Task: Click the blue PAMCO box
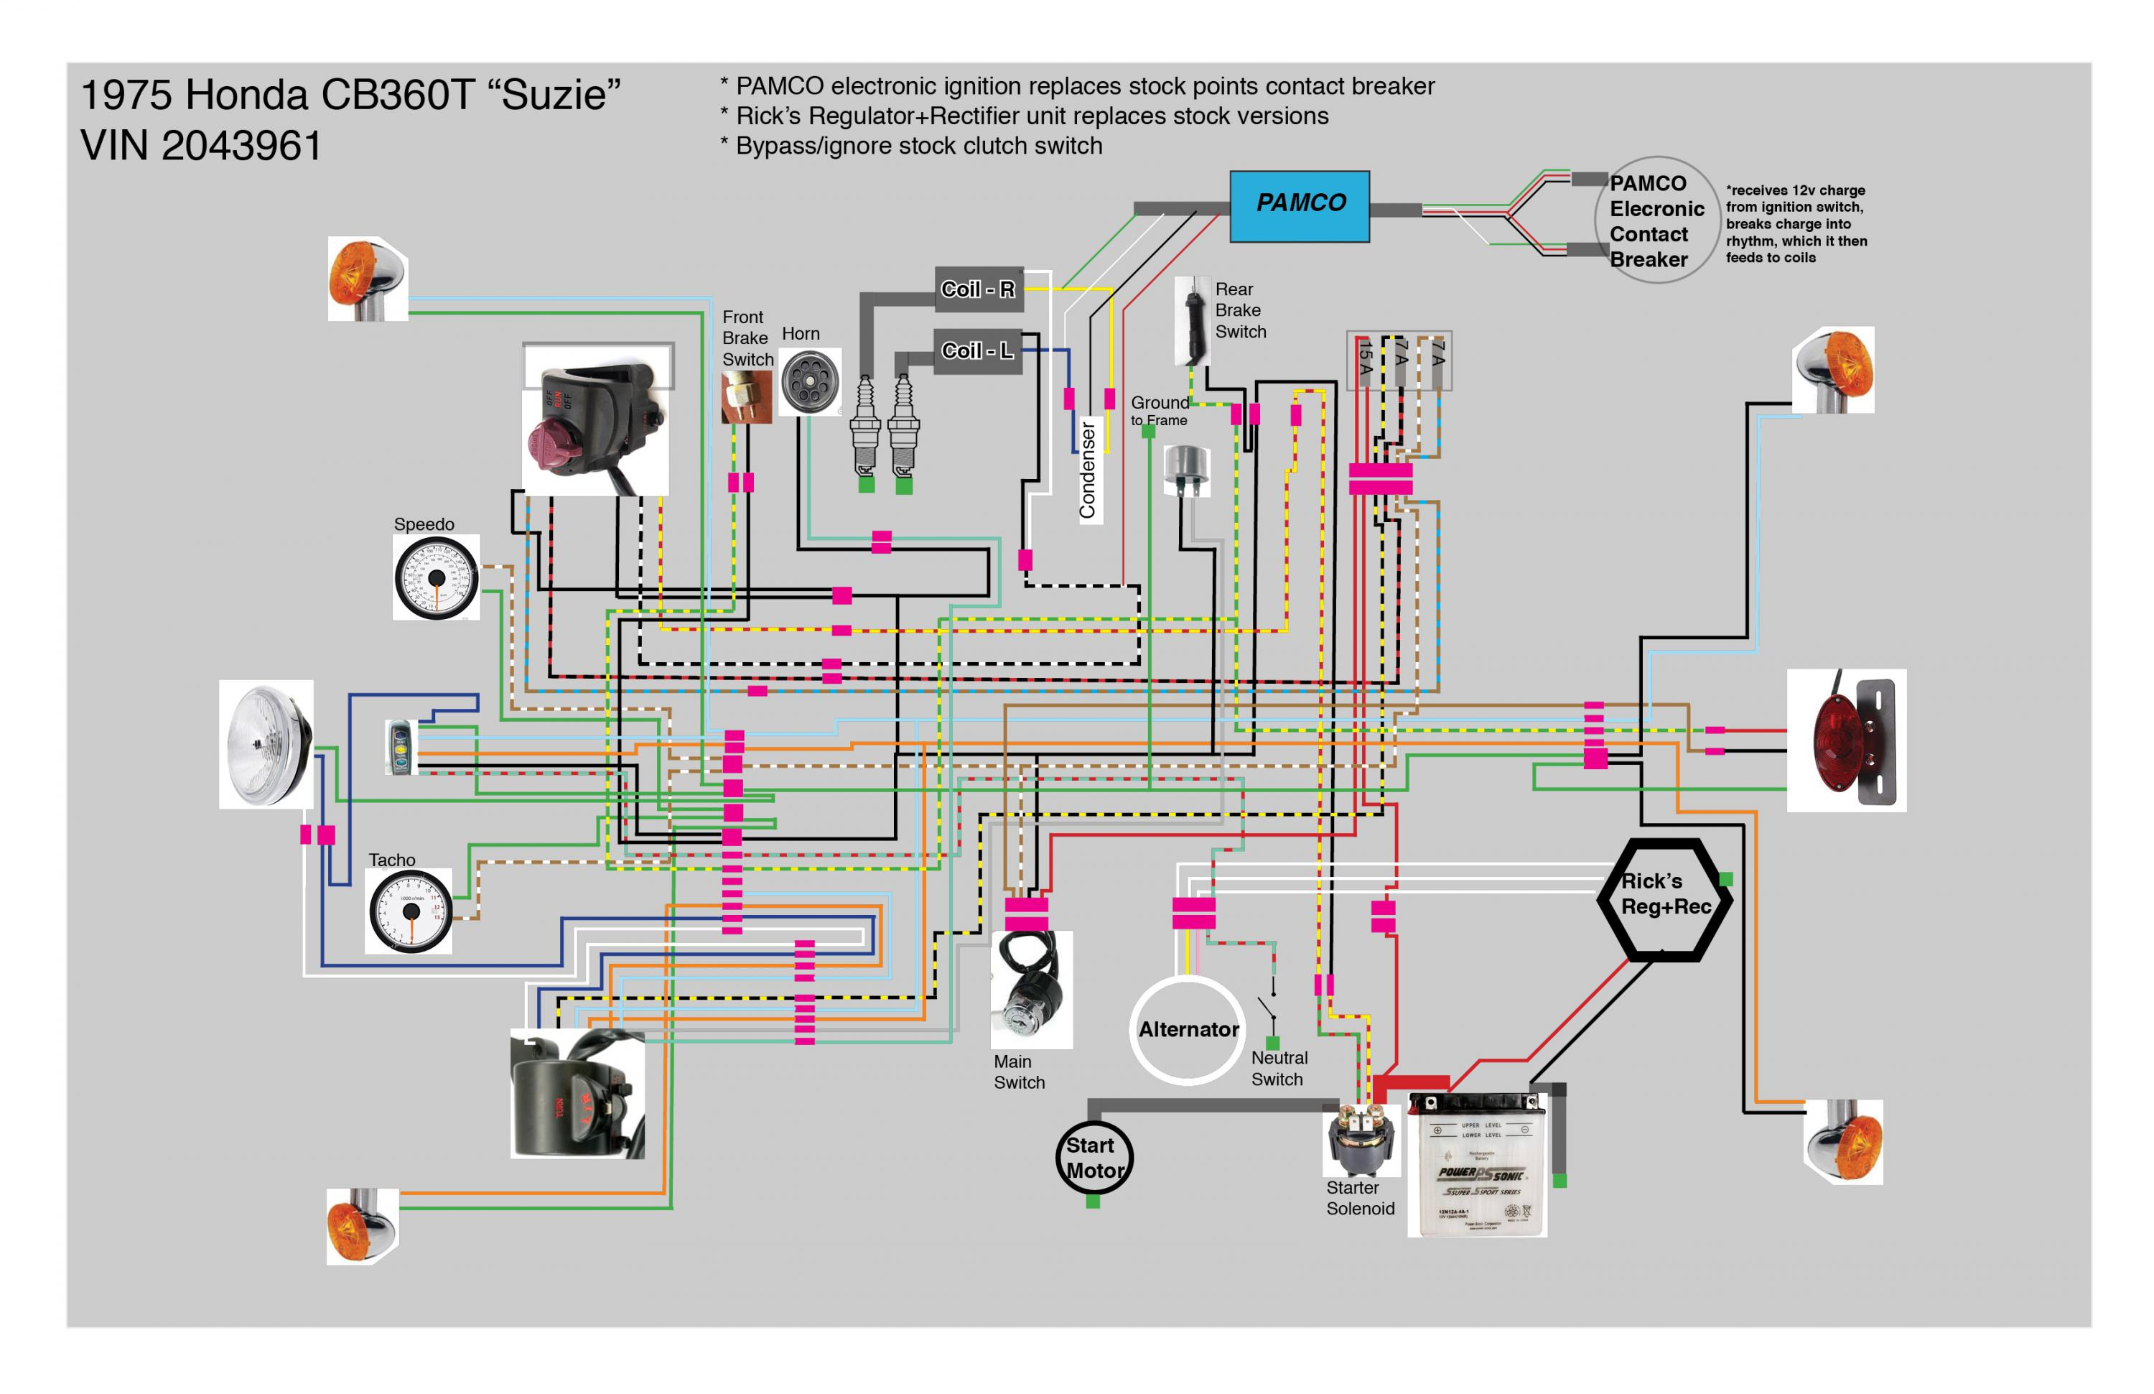pos(1299,205)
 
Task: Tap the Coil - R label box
pos(979,289)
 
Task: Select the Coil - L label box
pos(977,350)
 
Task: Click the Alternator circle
pos(1188,1029)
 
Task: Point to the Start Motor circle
pos(1094,1158)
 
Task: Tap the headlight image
pos(266,745)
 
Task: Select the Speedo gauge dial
pos(437,577)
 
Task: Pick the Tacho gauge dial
pos(409,911)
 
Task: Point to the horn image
pos(809,382)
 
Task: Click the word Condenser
pos(1088,470)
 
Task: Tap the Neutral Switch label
pos(1278,1068)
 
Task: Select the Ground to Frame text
pos(1160,410)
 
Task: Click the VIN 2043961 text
pos(201,146)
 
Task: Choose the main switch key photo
pos(1032,990)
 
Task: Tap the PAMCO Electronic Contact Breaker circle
pos(1656,221)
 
